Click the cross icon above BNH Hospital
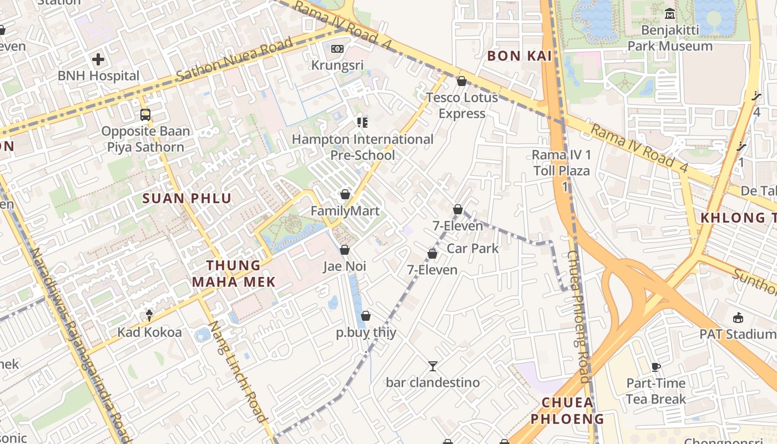pyautogui.click(x=98, y=59)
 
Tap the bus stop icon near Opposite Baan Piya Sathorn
pyautogui.click(x=145, y=115)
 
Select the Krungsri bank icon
pyautogui.click(x=337, y=49)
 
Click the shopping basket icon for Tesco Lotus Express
pyautogui.click(x=461, y=81)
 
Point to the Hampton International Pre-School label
pyautogui.click(x=362, y=147)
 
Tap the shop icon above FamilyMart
pyautogui.click(x=345, y=194)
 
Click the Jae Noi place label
pyautogui.click(x=345, y=266)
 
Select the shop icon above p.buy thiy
pyautogui.click(x=366, y=316)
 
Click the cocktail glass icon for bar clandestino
pyautogui.click(x=433, y=366)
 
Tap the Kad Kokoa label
pyautogui.click(x=149, y=332)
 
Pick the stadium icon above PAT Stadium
pyautogui.click(x=738, y=317)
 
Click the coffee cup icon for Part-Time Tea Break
pyautogui.click(x=656, y=366)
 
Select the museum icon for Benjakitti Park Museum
pyautogui.click(x=670, y=13)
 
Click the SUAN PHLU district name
pyautogui.click(x=187, y=198)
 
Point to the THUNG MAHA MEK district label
pyautogui.click(x=234, y=274)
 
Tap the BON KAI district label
pyautogui.click(x=519, y=56)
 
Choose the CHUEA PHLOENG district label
pyautogui.click(x=567, y=410)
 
